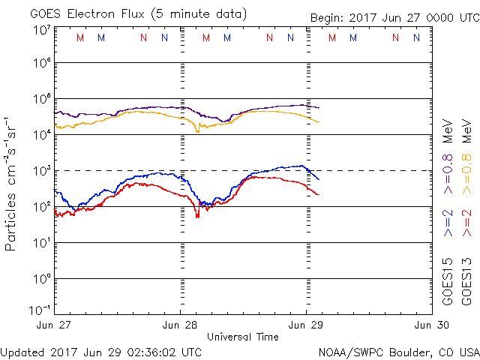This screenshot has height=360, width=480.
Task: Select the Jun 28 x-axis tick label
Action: pyautogui.click(x=181, y=325)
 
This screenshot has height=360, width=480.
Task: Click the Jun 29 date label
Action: pyautogui.click(x=306, y=325)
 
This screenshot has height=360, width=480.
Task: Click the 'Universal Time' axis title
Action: pyautogui.click(x=243, y=337)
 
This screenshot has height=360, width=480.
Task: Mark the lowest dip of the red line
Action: pyautogui.click(x=197, y=216)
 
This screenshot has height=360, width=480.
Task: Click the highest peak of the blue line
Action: pyautogui.click(x=301, y=166)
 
